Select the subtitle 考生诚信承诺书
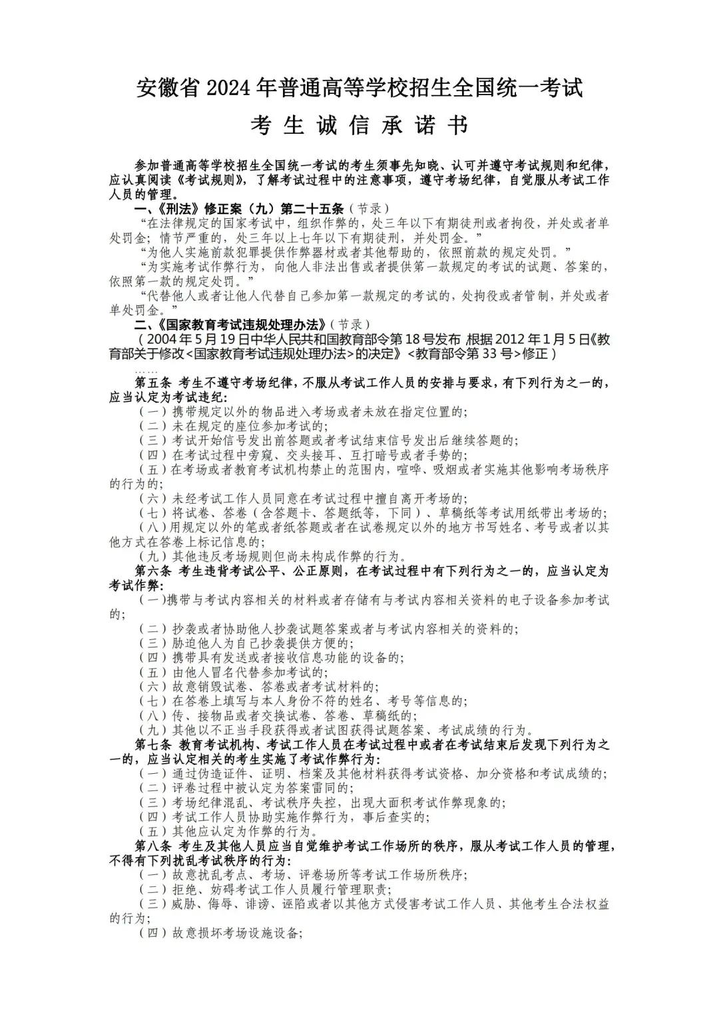(x=359, y=126)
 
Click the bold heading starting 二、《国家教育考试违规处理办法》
(x=230, y=325)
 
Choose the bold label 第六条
(x=154, y=572)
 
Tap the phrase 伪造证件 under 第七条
(x=224, y=774)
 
